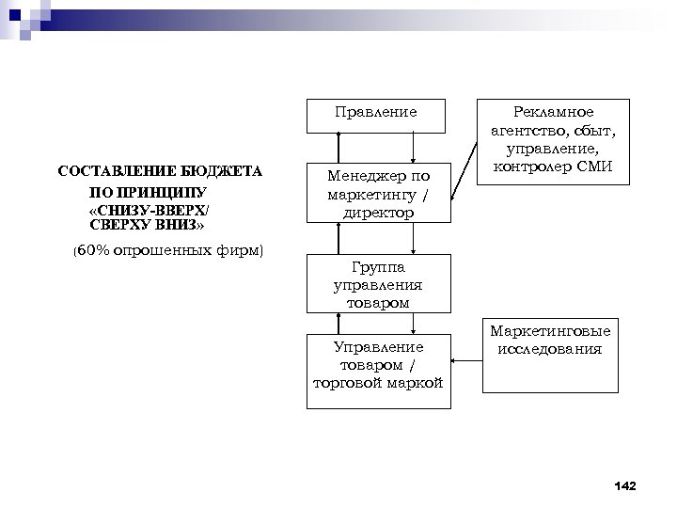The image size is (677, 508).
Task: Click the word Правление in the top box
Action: click(376, 112)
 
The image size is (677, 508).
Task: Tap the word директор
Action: click(378, 213)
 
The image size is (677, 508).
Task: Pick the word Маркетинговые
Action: click(550, 331)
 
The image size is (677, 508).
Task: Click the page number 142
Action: click(623, 485)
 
